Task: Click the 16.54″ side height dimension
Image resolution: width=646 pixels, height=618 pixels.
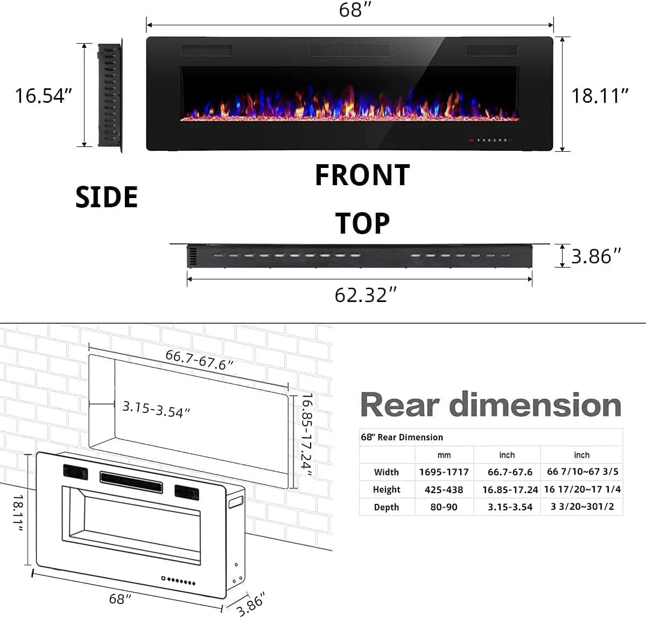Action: (x=43, y=96)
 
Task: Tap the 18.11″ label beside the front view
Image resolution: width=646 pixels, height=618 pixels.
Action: (x=600, y=96)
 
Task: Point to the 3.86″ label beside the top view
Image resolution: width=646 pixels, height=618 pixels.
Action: (x=596, y=256)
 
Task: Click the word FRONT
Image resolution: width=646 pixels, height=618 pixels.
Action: (x=362, y=175)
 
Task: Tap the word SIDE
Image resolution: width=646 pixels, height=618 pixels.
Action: (x=107, y=197)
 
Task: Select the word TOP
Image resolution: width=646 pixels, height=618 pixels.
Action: (x=362, y=223)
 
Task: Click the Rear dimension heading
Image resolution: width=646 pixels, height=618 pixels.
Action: (x=490, y=405)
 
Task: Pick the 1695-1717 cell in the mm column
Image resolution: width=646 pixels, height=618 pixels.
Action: (x=444, y=472)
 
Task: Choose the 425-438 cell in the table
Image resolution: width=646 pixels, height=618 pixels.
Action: (x=444, y=489)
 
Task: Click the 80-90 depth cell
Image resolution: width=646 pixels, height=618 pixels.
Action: (x=444, y=507)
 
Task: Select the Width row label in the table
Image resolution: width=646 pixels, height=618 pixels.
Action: (x=386, y=472)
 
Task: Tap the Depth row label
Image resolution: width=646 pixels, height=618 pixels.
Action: (x=386, y=507)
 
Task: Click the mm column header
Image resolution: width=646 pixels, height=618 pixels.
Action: (x=444, y=455)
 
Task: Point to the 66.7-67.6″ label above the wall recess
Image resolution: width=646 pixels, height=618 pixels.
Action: (x=199, y=360)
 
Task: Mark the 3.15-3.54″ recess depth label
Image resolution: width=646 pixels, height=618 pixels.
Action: (x=156, y=409)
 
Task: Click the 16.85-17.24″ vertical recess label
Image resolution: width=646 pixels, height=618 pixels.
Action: (x=306, y=435)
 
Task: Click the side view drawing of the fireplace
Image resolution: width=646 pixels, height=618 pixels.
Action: (x=110, y=95)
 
